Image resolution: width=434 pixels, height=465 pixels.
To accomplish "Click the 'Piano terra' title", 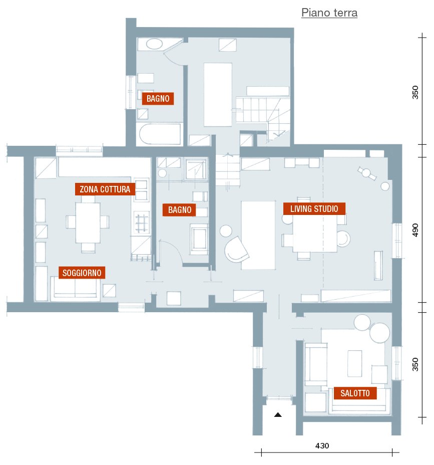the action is point(329,13).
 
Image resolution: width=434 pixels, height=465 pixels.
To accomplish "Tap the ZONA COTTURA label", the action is point(105,189).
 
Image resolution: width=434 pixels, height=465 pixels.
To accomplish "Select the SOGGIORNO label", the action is point(82,273).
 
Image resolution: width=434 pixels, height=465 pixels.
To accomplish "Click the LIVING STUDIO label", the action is point(314,209).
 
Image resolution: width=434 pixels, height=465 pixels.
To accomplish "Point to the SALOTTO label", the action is point(355,393).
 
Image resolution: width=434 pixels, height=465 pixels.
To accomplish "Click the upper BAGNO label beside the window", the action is point(158,98).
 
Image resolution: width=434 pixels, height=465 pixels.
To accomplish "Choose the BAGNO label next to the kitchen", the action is point(180,209).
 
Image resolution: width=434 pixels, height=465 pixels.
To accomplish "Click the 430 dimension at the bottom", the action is point(322,446).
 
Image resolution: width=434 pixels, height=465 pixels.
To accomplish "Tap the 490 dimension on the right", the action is point(415,230).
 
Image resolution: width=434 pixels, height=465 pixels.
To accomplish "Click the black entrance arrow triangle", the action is point(278,415).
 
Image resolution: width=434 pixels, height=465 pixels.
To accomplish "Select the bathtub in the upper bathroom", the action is point(160,134).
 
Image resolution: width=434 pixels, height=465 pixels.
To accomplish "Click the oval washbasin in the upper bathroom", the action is point(154,44).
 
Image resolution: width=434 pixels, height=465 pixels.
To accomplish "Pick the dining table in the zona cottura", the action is point(88,222).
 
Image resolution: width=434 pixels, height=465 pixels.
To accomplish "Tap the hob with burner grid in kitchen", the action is point(142,222).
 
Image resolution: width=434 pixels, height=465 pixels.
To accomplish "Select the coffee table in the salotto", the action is point(354,363).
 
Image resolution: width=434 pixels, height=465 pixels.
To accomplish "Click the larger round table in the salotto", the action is point(379,333).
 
